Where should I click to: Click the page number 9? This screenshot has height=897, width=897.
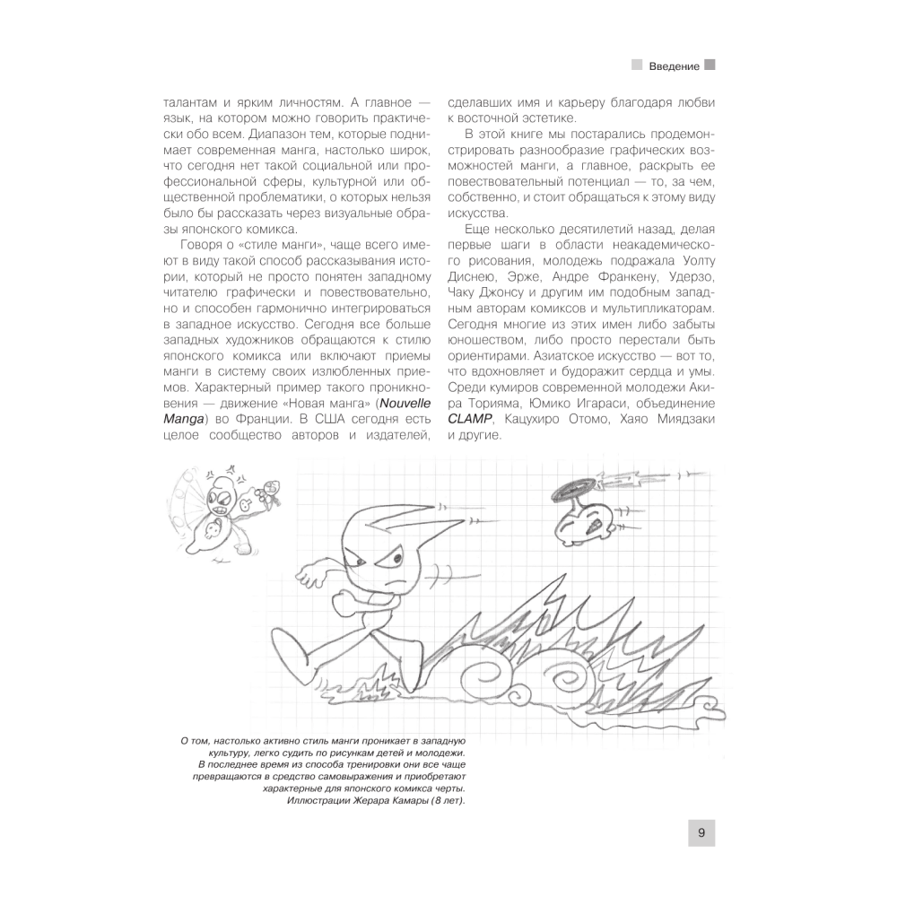coord(701,832)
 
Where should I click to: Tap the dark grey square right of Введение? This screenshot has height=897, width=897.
coord(710,65)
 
